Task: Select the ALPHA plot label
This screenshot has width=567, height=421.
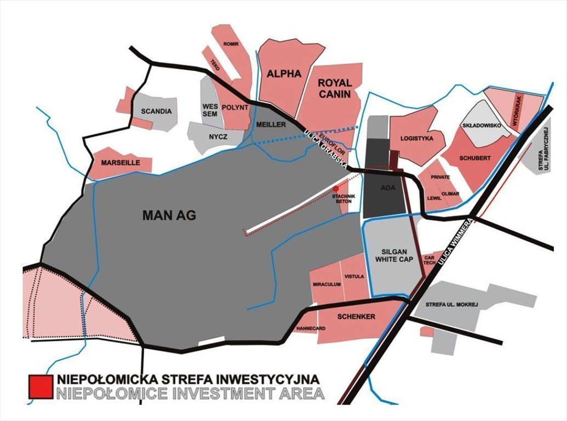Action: [284, 74]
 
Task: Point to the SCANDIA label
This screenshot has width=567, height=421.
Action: [156, 111]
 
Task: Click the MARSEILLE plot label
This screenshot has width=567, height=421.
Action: [117, 163]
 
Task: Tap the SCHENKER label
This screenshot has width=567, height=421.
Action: [356, 317]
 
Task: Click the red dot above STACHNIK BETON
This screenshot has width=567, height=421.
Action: [336, 188]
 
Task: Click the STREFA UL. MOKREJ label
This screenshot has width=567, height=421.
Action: [452, 304]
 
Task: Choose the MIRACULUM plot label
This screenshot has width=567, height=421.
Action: [327, 285]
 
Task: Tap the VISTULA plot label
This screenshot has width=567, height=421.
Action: [354, 277]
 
